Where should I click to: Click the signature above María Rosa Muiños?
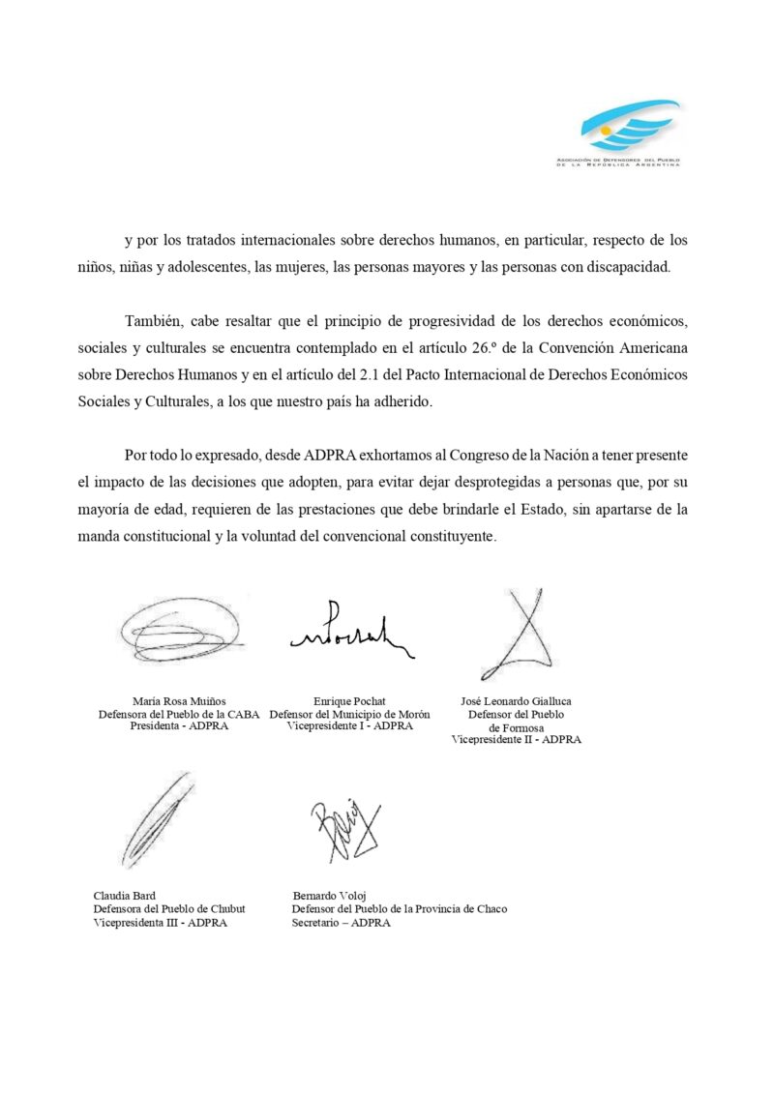click(x=180, y=632)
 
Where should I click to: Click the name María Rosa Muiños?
click(x=179, y=701)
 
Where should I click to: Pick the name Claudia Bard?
click(x=125, y=896)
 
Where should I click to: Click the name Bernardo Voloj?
click(x=330, y=896)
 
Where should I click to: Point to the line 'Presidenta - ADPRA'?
click(x=179, y=726)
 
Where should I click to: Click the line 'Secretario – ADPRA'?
click(x=342, y=923)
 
